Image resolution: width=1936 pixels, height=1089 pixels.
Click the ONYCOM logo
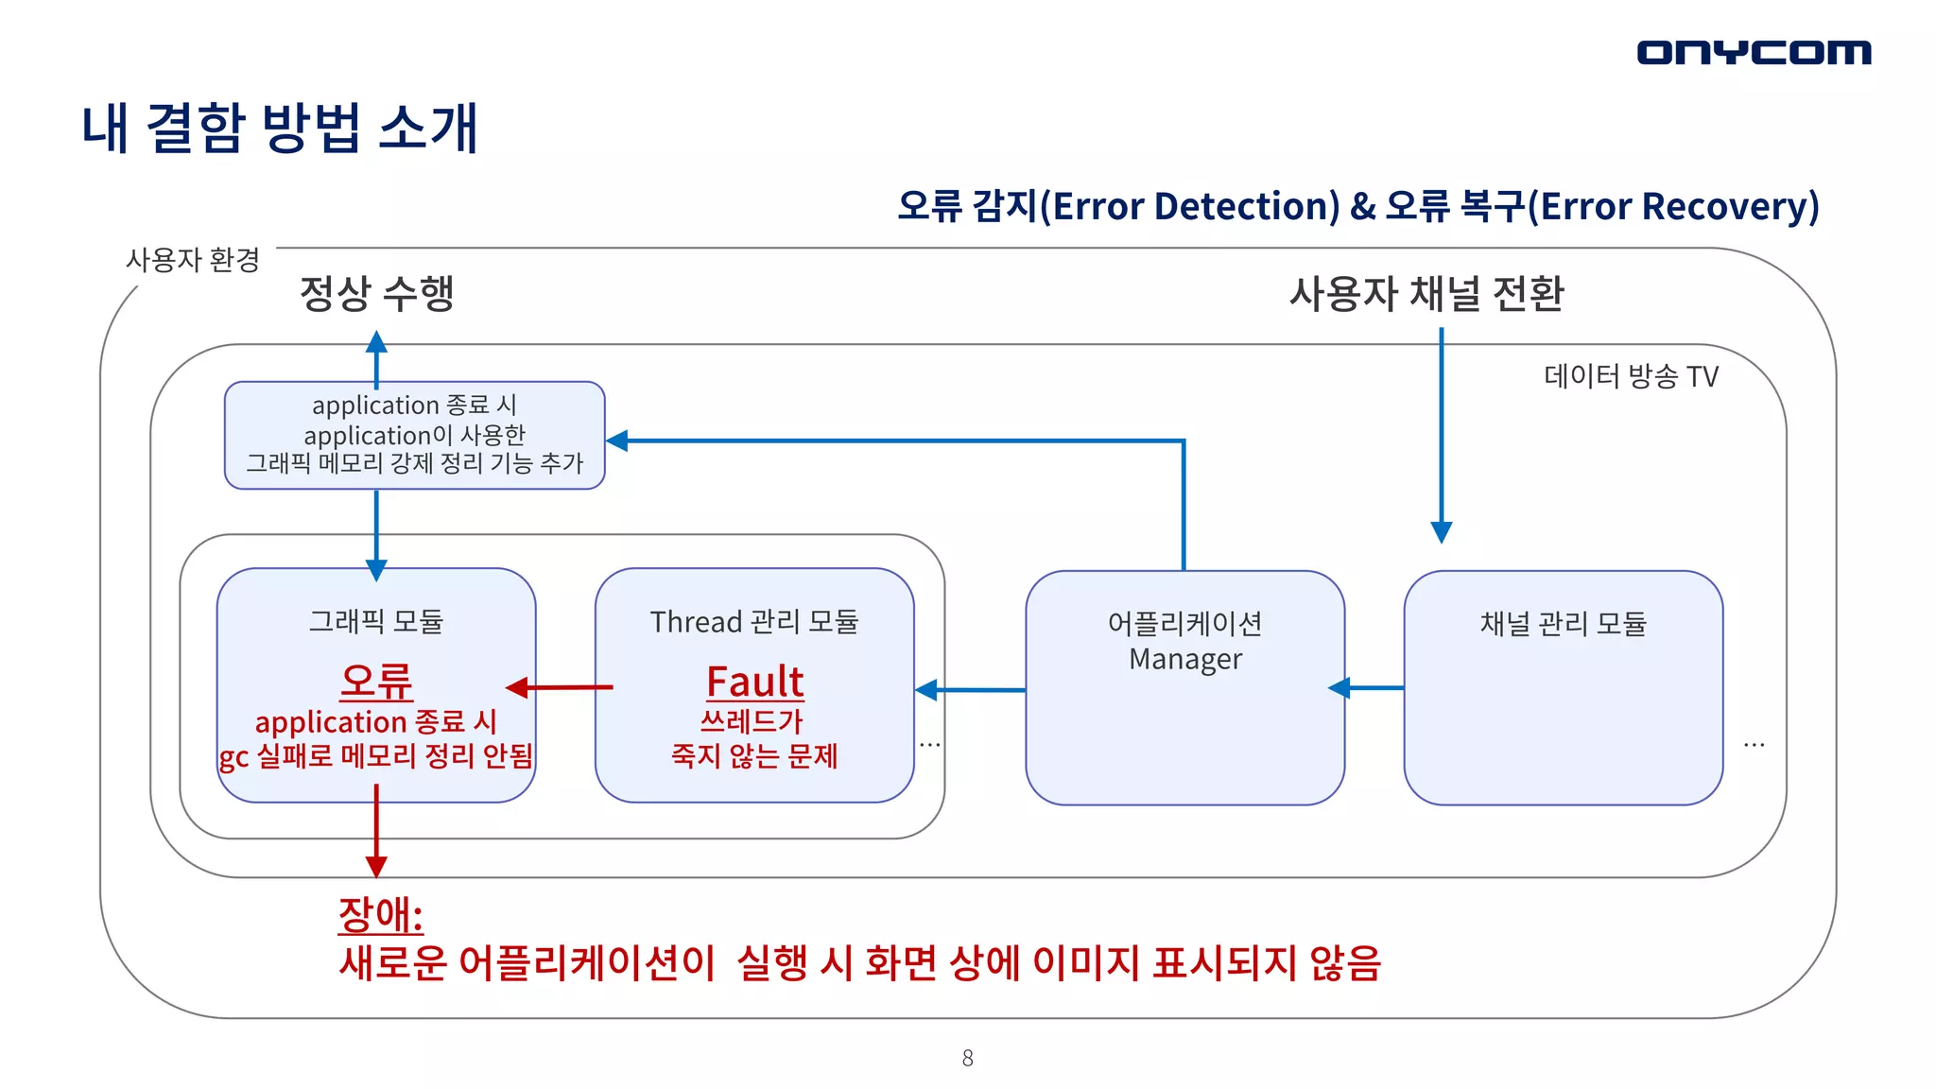click(1754, 52)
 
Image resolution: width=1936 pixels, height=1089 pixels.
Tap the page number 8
click(967, 1058)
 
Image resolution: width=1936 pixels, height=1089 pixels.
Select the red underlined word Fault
click(754, 682)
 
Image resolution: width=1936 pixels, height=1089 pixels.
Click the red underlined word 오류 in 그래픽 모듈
click(376, 682)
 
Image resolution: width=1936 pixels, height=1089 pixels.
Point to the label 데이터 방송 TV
click(1631, 376)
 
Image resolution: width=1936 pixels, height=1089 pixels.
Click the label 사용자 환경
click(193, 260)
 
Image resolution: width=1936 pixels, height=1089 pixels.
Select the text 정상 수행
click(376, 293)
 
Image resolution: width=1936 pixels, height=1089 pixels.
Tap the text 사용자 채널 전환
click(1426, 293)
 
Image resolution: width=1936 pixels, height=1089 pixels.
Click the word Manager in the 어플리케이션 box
click(1184, 659)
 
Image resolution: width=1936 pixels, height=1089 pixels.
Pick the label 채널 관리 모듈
click(1563, 624)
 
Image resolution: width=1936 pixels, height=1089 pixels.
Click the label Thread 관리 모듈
click(754, 622)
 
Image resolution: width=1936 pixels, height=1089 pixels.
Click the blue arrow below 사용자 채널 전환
click(1441, 435)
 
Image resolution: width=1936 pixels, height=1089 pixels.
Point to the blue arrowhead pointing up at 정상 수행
click(376, 342)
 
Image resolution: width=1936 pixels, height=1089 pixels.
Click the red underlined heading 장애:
click(380, 914)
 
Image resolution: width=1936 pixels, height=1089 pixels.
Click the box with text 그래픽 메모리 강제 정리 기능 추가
click(414, 436)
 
